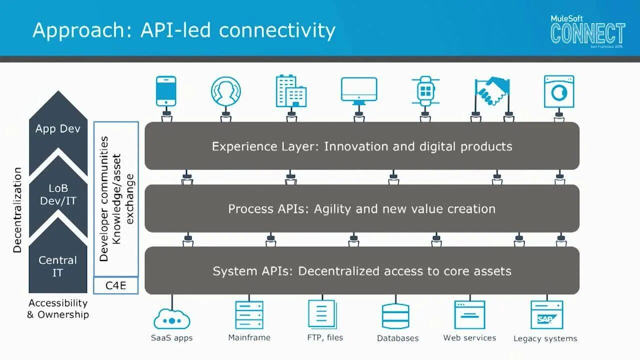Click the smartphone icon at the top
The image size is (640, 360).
166,91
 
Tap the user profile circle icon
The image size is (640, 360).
225,91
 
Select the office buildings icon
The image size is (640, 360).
290,91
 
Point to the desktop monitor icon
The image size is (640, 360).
358,90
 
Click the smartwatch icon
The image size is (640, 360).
425,91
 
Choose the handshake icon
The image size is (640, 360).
492,91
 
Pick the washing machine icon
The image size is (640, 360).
559,91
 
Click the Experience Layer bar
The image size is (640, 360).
362,146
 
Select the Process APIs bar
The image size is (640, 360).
362,208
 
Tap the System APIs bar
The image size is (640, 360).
362,271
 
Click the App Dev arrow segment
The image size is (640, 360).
58,129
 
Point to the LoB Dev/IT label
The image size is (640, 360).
58,194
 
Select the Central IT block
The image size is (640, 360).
58,266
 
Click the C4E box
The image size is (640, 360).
116,285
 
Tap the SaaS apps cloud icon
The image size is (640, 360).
172,318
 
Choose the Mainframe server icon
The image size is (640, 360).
249,315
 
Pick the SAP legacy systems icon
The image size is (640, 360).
546,315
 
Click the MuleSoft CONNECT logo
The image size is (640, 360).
587,31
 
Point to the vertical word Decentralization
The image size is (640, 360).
17,210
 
